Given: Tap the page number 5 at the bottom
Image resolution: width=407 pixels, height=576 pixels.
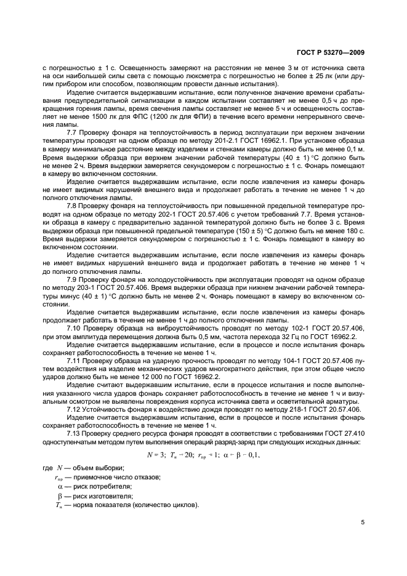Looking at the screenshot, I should [x=363, y=522].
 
